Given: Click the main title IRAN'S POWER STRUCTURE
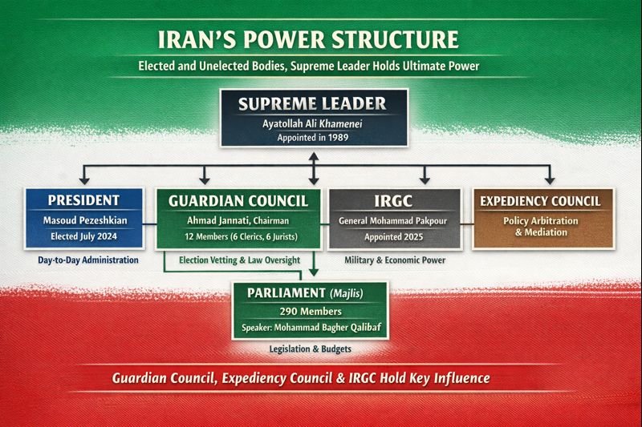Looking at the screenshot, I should tap(321, 40).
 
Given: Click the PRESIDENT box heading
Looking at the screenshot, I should tap(84, 199).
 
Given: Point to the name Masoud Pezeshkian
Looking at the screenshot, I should tap(84, 220).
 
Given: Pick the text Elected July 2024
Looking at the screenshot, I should tap(84, 236).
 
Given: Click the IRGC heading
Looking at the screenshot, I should tap(395, 199).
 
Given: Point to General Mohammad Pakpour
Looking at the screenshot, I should tap(395, 220).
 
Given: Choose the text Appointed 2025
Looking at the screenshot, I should tap(395, 237).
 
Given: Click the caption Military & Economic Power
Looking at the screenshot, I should tap(395, 260).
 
